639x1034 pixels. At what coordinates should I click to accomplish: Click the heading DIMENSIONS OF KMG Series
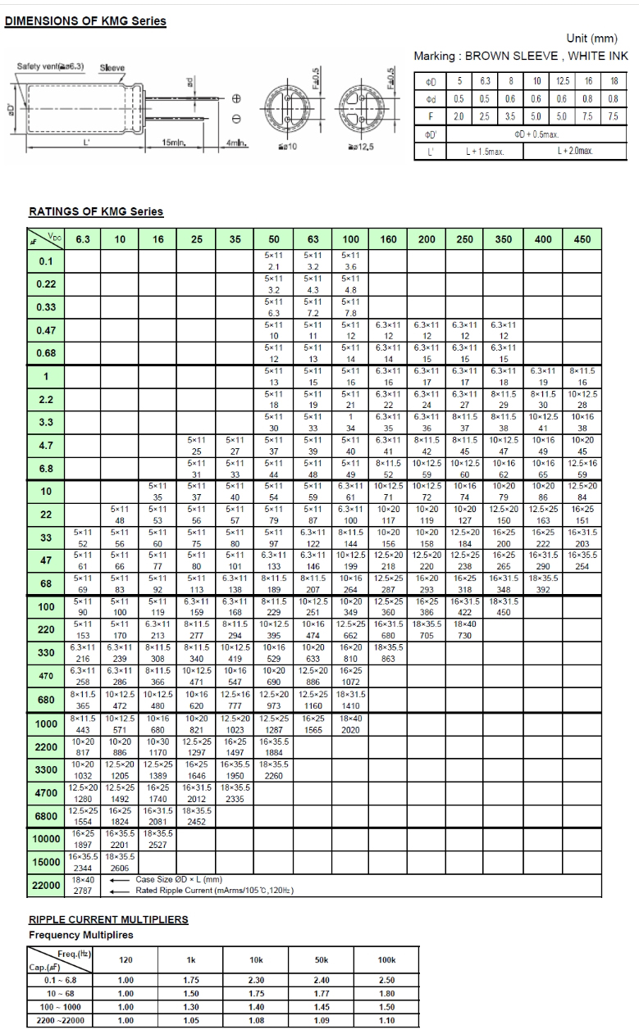[x=86, y=20]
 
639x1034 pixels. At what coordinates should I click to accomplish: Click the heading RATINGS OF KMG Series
[x=96, y=211]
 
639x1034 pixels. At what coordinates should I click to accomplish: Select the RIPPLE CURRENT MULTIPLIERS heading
[x=108, y=919]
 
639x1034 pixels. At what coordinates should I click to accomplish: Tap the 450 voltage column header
[x=582, y=239]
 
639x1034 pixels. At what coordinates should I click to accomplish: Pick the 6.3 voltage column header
[x=83, y=239]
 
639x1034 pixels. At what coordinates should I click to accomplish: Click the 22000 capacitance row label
[x=46, y=885]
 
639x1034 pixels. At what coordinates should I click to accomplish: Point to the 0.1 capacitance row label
[x=46, y=262]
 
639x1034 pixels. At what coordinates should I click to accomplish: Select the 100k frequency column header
[x=386, y=959]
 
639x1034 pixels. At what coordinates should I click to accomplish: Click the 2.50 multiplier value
[x=386, y=980]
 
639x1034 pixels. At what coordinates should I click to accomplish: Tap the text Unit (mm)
[x=592, y=39]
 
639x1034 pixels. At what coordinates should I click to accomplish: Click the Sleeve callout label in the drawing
[x=112, y=67]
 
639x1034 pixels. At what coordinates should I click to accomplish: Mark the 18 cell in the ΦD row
[x=613, y=82]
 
